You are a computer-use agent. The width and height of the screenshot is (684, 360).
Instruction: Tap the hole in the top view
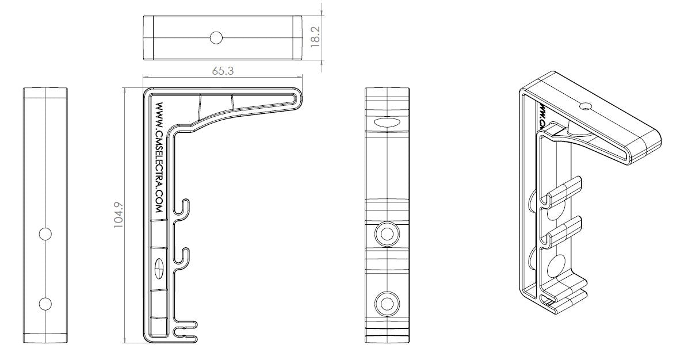pos(216,38)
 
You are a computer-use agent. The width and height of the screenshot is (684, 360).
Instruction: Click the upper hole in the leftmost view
pos(45,233)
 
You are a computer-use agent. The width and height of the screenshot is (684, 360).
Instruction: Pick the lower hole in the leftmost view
pos(45,303)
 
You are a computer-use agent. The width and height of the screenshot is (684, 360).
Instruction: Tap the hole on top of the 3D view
pos(585,106)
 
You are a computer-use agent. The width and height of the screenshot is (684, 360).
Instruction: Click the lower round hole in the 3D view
pos(556,267)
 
